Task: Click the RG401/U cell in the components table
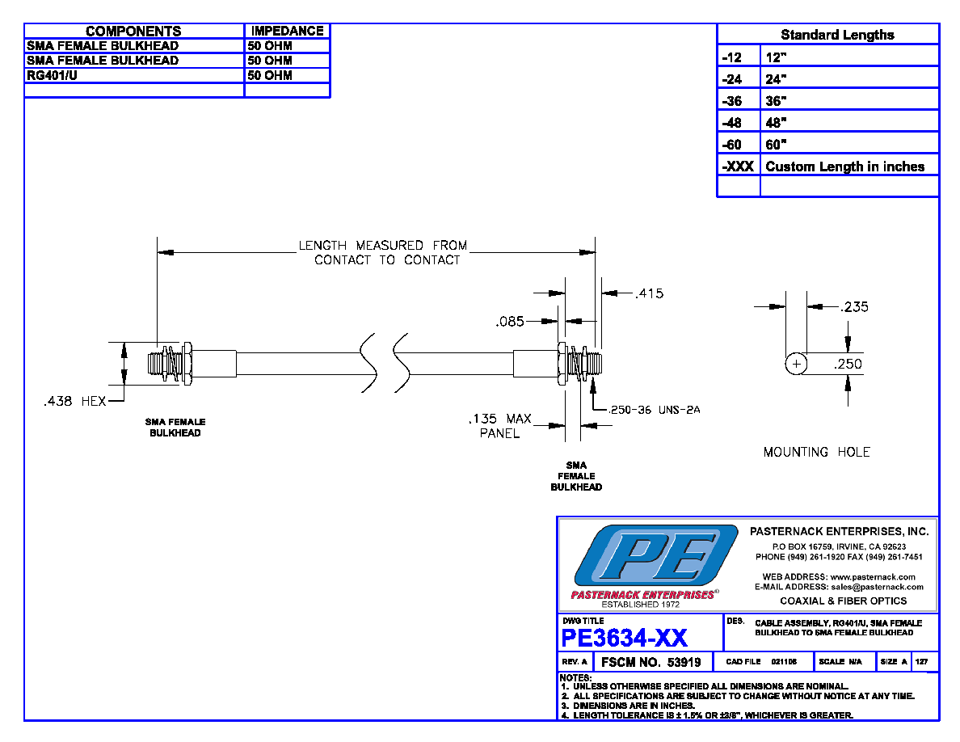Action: click(52, 75)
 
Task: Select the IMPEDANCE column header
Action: click(287, 31)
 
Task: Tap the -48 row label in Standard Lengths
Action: click(731, 122)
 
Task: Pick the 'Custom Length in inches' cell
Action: click(845, 167)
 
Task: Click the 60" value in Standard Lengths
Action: click(776, 145)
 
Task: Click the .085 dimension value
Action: click(510, 322)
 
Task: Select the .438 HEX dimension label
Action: click(74, 401)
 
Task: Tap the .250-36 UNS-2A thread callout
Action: click(655, 410)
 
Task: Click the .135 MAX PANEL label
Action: click(500, 426)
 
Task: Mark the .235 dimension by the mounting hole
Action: click(854, 306)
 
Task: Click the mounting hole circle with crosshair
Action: click(796, 364)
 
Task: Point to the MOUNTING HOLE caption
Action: click(817, 452)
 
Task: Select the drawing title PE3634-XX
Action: click(624, 638)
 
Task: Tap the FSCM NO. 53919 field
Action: click(651, 662)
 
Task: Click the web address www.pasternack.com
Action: click(873, 576)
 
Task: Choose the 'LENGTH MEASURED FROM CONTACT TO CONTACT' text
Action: click(383, 252)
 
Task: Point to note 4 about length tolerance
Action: click(706, 715)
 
